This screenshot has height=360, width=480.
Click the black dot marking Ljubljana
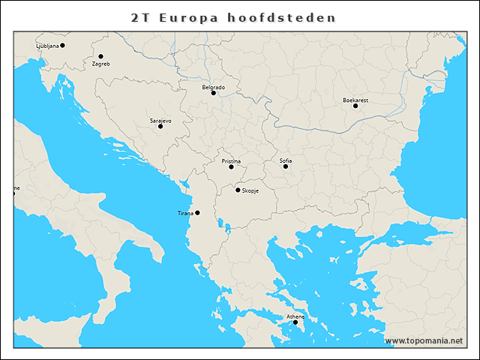pos(62,45)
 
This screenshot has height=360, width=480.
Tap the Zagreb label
pos(100,64)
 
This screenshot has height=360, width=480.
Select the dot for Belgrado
pos(213,93)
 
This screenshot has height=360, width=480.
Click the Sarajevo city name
pos(160,120)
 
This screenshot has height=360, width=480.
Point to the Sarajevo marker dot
pos(160,126)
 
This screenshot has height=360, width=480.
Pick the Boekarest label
pos(355,100)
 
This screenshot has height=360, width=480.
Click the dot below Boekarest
pos(355,106)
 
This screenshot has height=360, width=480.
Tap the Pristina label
pos(231,160)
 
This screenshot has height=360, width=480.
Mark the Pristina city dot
pos(231,166)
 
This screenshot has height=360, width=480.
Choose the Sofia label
pos(286,160)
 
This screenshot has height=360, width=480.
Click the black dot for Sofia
pos(286,166)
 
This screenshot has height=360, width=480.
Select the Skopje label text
pos(250,190)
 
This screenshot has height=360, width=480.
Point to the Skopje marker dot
pos(238,190)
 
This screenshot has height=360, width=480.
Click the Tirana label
pos(185,213)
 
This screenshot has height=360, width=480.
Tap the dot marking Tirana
pos(197,212)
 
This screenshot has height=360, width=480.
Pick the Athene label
pos(295,316)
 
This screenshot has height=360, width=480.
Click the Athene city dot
pos(295,322)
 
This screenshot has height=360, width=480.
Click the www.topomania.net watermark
pos(424,340)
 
